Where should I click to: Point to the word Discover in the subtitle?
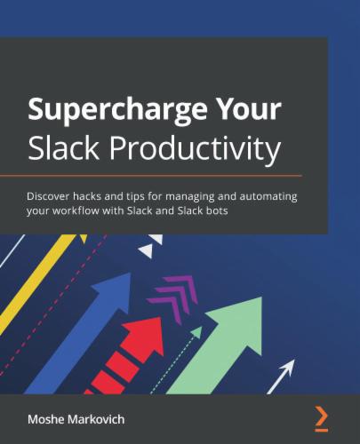tap(51, 195)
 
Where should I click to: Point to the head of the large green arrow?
tap(238, 320)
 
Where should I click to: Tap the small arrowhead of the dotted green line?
tap(197, 331)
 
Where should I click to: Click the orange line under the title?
tap(151, 176)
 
